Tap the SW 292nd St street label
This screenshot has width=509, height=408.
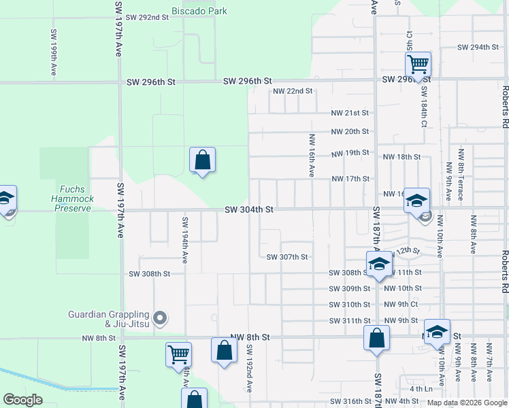coord(146,17)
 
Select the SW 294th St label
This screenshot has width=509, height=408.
coord(478,48)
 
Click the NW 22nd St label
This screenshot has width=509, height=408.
coord(293,91)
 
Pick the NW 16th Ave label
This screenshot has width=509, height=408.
coord(310,165)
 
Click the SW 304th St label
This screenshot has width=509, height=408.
coord(248,210)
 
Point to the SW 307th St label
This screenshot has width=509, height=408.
coord(287,257)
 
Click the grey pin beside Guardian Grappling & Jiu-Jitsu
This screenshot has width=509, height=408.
coord(160,318)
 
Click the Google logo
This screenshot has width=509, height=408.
coord(22,400)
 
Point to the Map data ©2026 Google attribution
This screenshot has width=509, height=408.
coord(467,403)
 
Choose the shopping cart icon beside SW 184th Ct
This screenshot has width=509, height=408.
coord(418,65)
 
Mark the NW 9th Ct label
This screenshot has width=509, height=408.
coord(401,305)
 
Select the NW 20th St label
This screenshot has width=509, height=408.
coord(350,132)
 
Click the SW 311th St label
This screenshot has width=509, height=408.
coord(349,321)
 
